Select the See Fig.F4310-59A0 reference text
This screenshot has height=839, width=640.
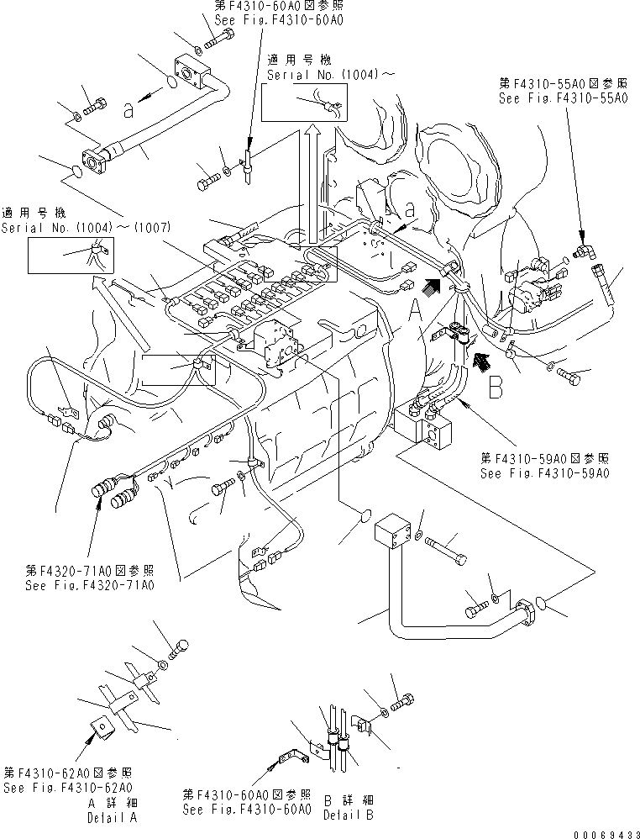pyautogui.click(x=544, y=473)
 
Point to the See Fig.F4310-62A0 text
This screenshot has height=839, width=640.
pyautogui.click(x=67, y=788)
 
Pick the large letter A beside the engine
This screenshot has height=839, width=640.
pyautogui.click(x=417, y=314)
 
